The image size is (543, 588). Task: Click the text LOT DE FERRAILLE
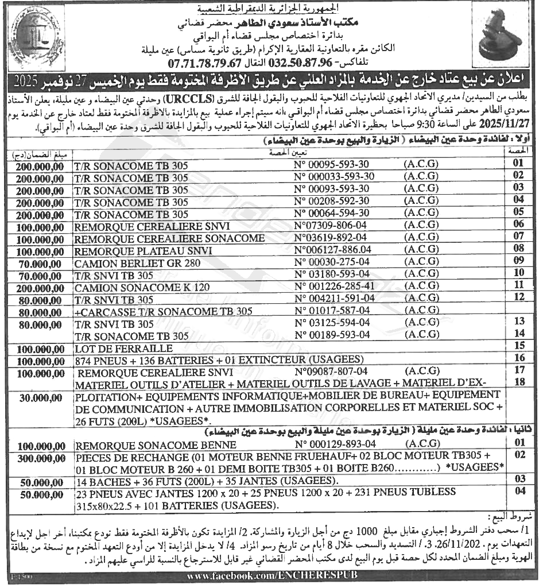click(x=124, y=348)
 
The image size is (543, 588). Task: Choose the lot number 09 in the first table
click(x=519, y=261)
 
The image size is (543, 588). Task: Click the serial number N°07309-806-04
click(x=329, y=226)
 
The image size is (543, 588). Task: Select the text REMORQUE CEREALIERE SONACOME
click(x=170, y=238)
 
